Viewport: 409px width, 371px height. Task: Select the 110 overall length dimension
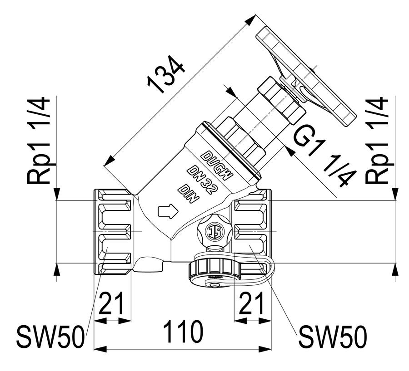point(183,332)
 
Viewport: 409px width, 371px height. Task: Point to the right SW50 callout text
point(333,337)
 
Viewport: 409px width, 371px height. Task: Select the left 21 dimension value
point(111,303)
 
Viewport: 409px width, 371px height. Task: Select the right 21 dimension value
point(251,303)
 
